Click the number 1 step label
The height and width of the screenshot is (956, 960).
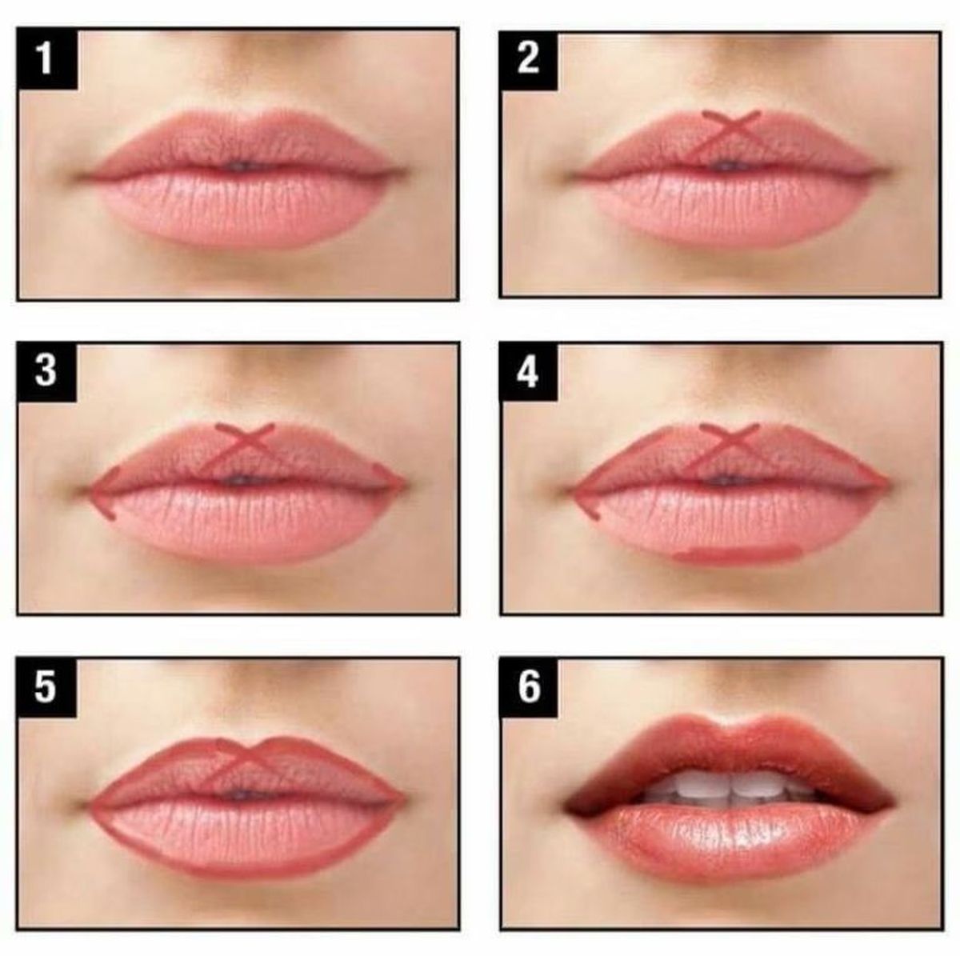click(47, 58)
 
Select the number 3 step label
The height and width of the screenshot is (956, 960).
click(46, 372)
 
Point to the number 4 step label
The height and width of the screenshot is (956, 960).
click(529, 373)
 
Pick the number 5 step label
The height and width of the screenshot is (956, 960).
click(46, 687)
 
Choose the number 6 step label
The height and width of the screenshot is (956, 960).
click(529, 687)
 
